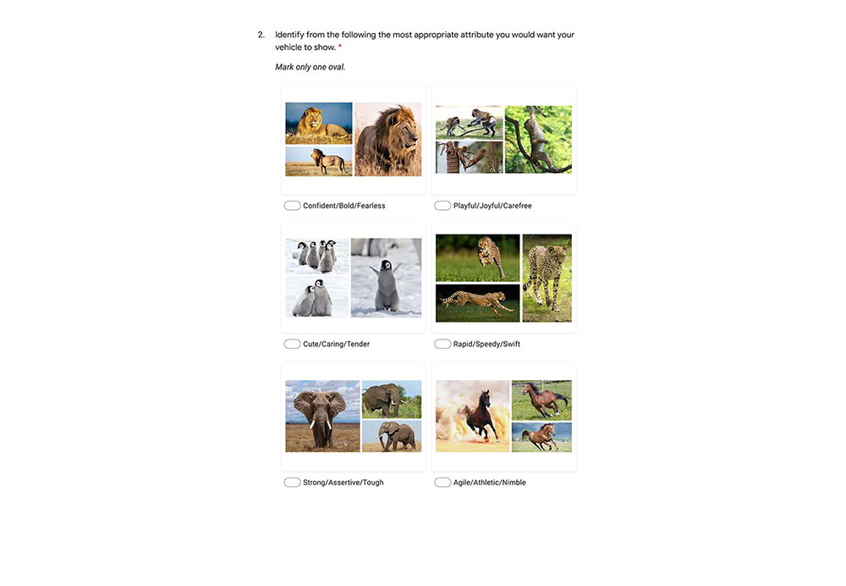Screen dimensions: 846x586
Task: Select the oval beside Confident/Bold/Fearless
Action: point(292,206)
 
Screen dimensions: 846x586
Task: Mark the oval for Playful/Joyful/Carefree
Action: point(442,206)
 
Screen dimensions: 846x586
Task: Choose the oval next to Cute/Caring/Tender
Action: point(292,344)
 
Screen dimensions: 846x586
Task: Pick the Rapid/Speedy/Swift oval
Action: point(442,344)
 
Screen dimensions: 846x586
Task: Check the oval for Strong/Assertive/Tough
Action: point(292,483)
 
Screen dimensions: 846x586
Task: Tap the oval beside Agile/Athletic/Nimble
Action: point(442,483)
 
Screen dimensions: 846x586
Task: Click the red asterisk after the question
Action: point(340,47)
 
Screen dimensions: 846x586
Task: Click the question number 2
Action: point(261,35)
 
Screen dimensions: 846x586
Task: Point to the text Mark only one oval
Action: point(310,67)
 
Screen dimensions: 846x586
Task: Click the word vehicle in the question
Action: point(288,47)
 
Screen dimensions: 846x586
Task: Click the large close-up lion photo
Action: point(388,140)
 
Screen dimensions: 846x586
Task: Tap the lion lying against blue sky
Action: point(319,123)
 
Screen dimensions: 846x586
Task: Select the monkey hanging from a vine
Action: point(538,140)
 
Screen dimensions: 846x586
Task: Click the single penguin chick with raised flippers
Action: point(387,278)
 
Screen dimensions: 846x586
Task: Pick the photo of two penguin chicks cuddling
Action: point(317,297)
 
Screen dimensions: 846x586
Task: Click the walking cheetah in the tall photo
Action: point(547,278)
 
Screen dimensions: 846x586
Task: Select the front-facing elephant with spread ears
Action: point(322,417)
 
